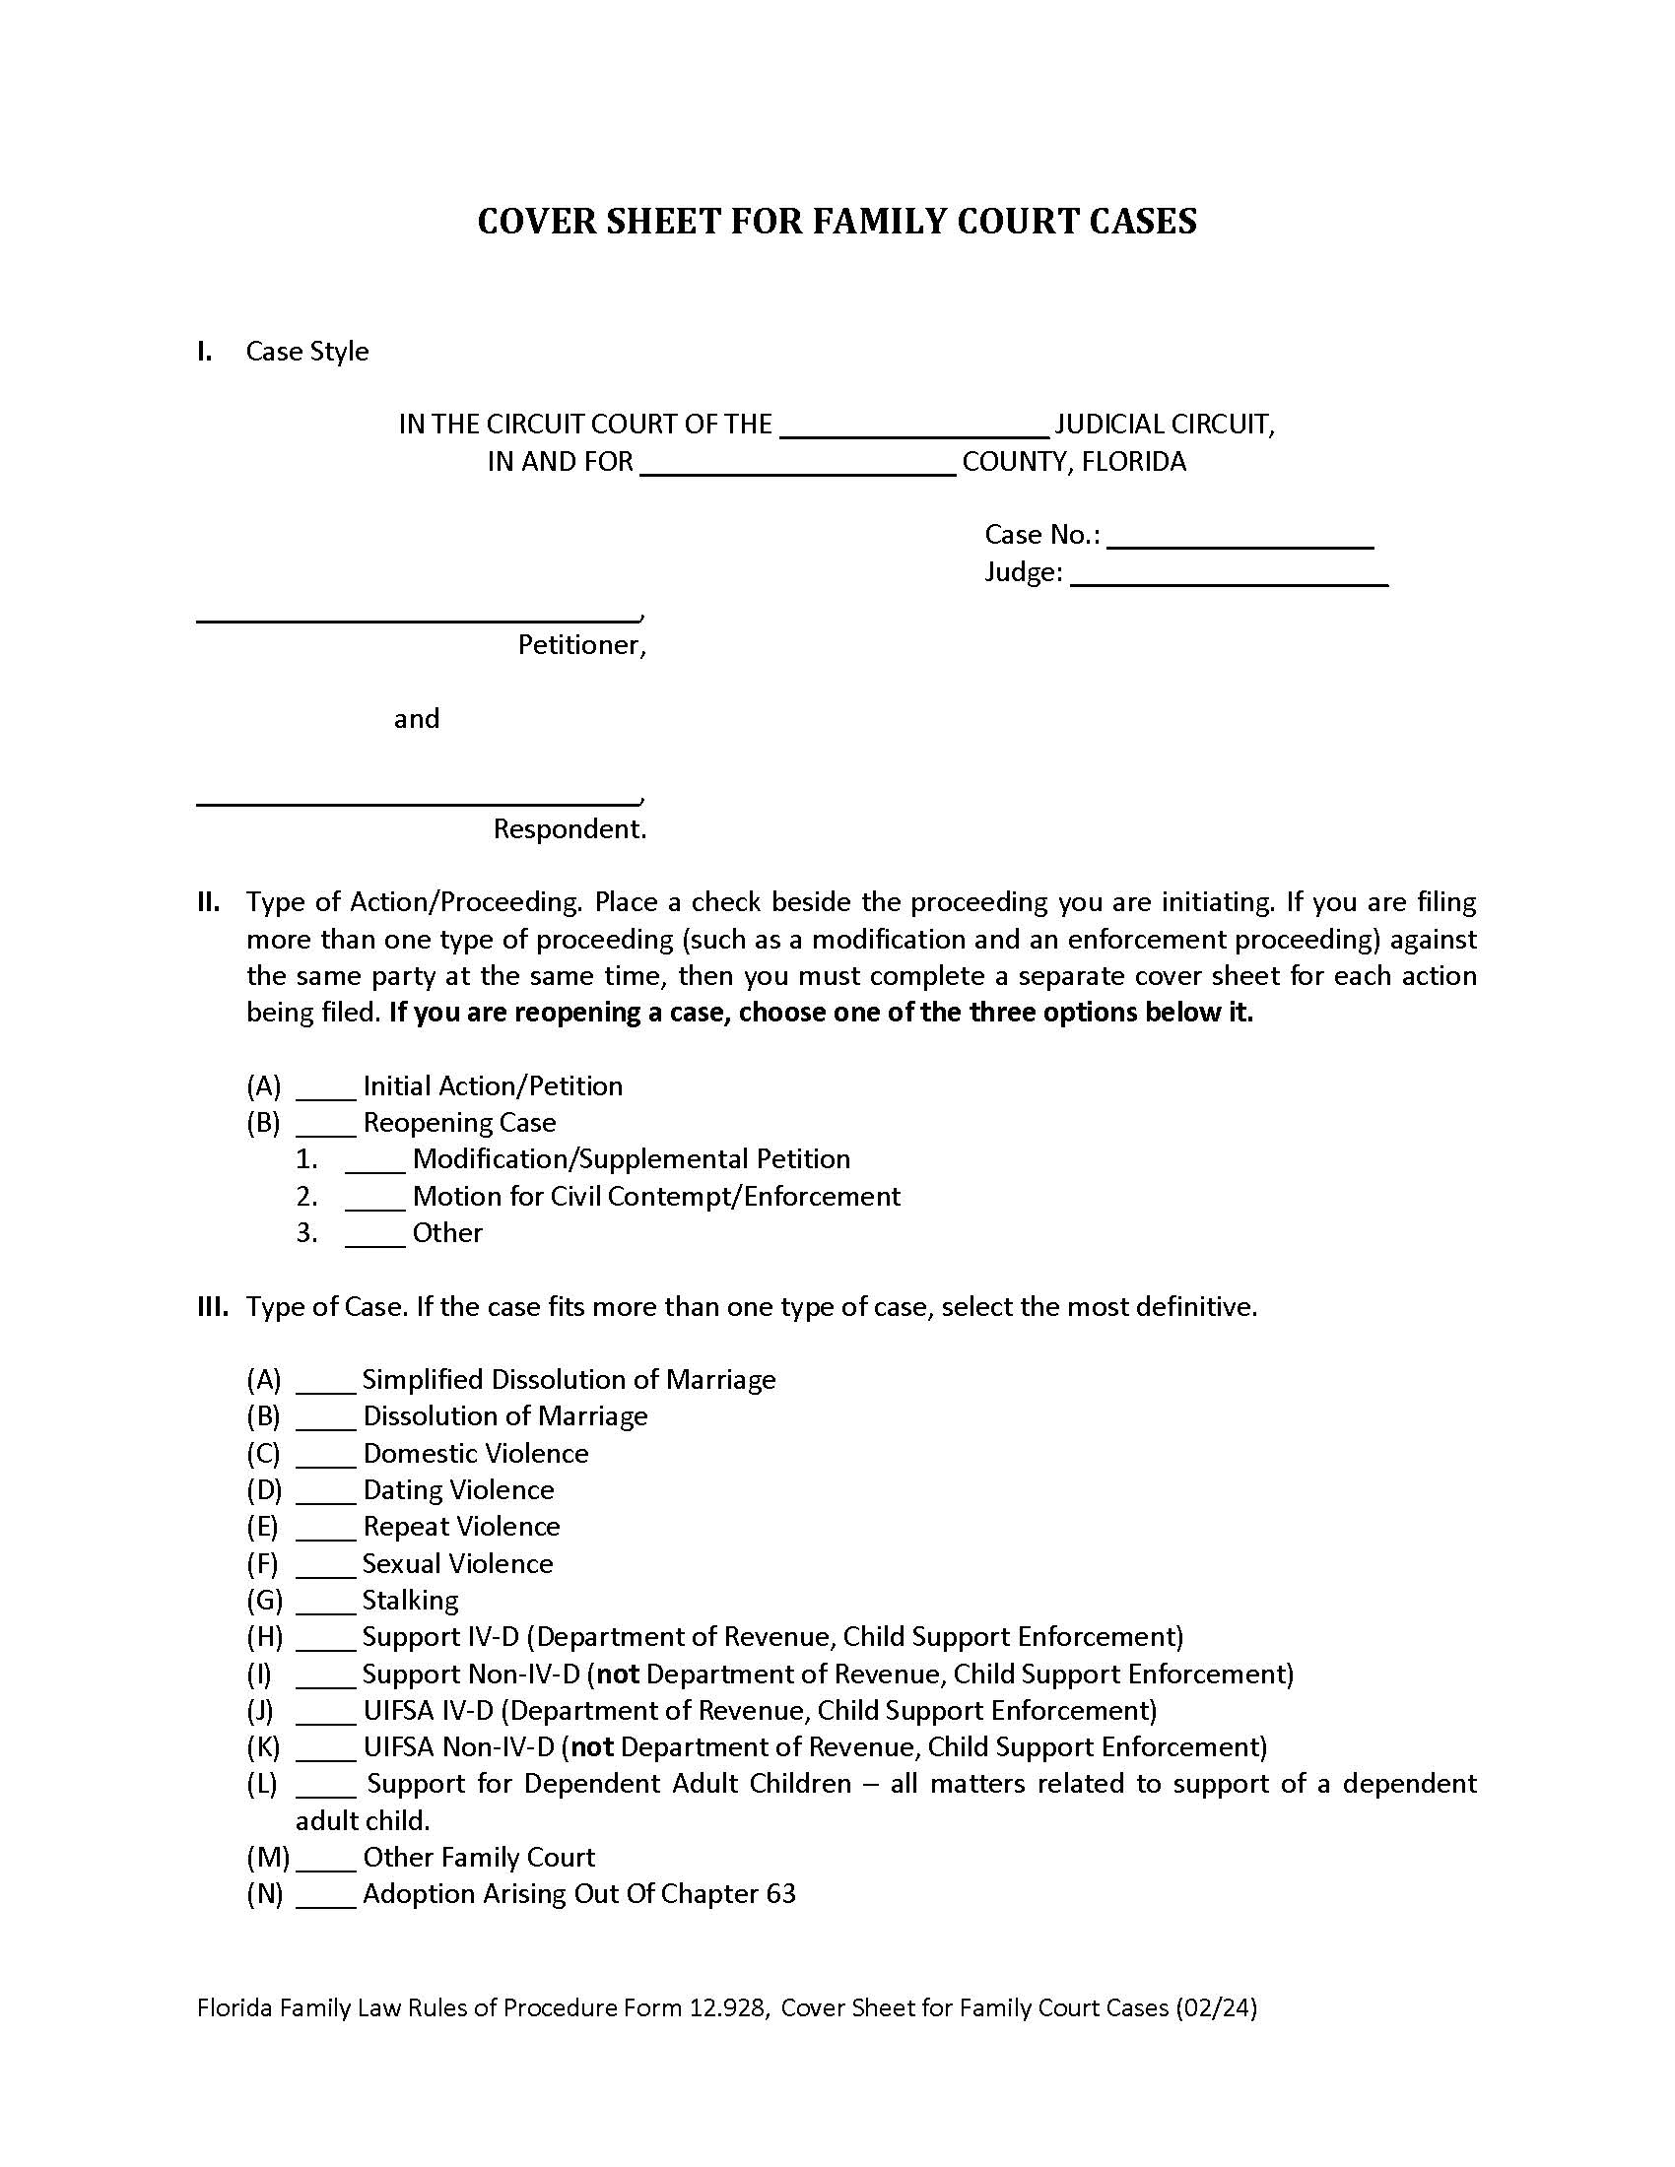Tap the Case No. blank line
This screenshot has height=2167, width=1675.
1239,541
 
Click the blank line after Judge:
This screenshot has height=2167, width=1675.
1229,578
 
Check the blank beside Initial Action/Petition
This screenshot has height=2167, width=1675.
325,1091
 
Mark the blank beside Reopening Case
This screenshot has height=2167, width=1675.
325,1128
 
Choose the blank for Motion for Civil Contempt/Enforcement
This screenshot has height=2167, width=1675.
375,1202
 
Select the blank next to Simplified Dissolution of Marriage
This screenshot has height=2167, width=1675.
325,1385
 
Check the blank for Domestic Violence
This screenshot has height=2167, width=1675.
325,1459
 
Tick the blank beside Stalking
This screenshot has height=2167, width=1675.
325,1606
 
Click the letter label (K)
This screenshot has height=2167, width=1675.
263,1747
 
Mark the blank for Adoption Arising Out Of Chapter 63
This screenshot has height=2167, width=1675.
325,1899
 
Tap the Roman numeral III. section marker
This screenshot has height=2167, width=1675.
213,1307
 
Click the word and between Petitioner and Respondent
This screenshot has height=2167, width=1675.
416,719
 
